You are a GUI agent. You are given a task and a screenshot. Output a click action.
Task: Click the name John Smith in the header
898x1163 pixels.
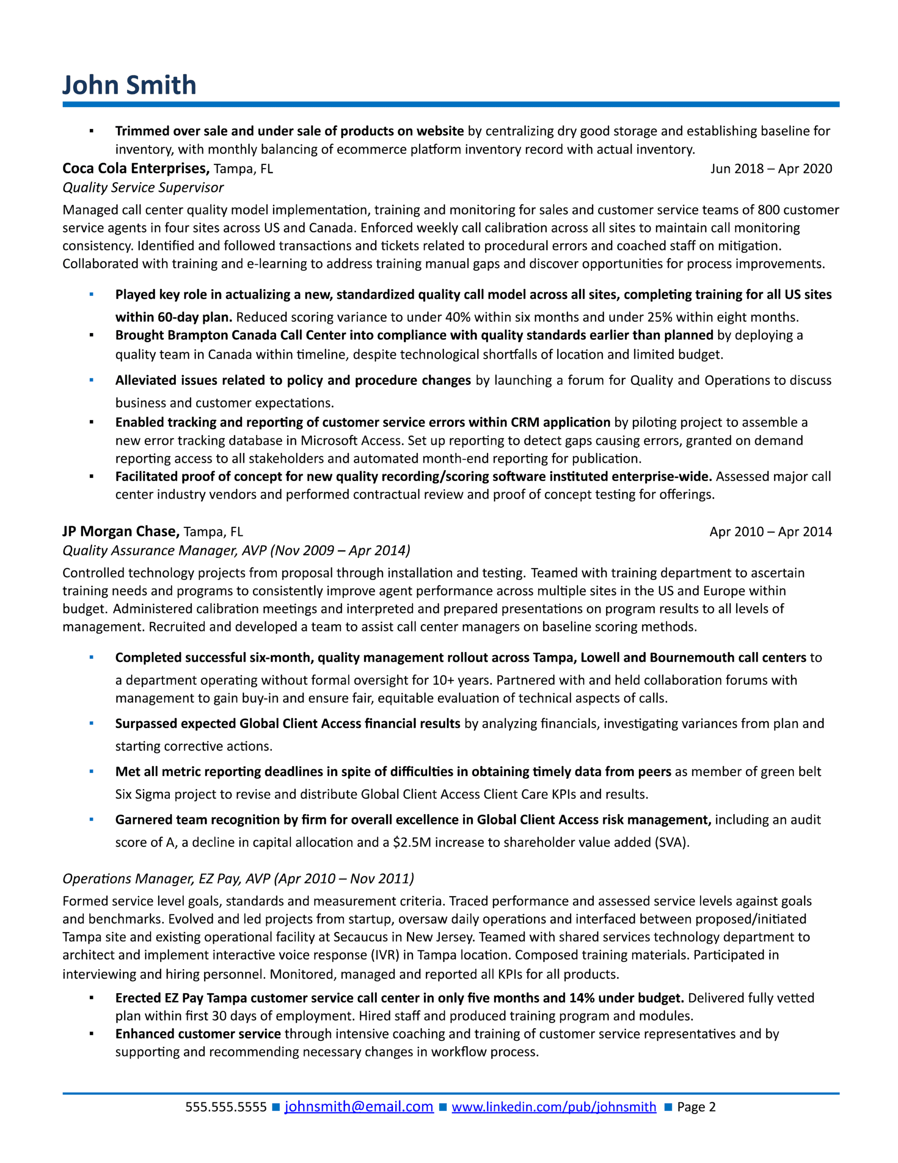(129, 85)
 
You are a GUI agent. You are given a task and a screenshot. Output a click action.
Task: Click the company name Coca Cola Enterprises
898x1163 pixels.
(135, 169)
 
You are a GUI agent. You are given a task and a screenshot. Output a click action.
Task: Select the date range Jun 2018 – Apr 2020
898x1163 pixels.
(771, 169)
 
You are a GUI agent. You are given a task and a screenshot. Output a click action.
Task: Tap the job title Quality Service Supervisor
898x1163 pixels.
(143, 188)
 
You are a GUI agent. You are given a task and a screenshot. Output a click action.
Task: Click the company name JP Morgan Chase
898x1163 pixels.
(121, 532)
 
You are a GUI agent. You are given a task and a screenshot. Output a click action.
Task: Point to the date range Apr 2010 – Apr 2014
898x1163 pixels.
(770, 532)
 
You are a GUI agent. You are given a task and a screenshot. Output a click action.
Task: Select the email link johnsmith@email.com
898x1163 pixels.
(359, 1107)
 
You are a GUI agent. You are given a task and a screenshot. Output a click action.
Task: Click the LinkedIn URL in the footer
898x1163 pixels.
(553, 1107)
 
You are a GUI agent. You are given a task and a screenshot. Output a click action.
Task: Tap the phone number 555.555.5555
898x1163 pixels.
(226, 1107)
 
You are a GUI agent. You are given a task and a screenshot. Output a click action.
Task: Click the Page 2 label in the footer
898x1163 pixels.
(696, 1107)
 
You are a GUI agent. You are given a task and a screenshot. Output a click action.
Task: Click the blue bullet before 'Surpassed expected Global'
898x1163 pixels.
(92, 723)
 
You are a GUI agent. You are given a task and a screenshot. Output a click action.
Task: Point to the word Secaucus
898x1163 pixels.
(366, 937)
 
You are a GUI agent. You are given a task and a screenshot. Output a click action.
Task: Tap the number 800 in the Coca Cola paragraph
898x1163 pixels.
(768, 210)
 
